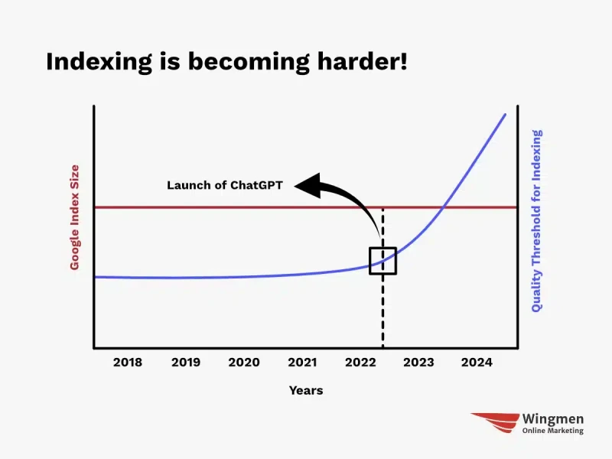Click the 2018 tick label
pos(128,362)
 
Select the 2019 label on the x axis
pos(186,362)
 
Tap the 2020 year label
pos(244,362)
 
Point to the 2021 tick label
pos(302,362)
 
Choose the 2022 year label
pos(360,362)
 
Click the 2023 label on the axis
pos(418,362)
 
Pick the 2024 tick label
pos(477,362)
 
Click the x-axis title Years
pos(306,390)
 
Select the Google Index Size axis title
pos(74,217)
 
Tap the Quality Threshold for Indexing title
pos(537,221)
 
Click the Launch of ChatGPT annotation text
pos(225,185)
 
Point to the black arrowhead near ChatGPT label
pos(308,185)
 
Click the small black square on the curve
pos(383,247)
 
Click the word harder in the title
pos(362,61)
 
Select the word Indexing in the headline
pos(99,62)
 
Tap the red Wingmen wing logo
pos(495,423)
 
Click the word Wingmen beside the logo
pos(553,419)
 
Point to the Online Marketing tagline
pos(553,431)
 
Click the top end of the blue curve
pos(506,114)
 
